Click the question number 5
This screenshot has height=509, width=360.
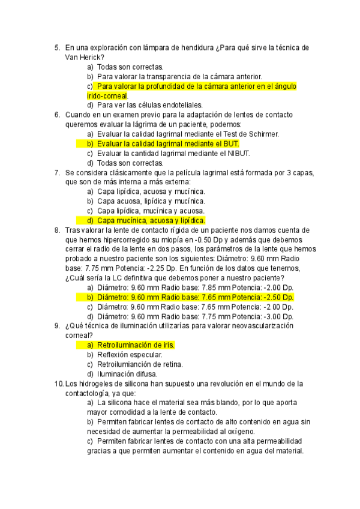56,48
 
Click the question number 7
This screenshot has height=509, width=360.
56,172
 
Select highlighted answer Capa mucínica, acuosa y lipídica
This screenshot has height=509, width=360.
151,220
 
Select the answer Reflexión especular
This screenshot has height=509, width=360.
130,355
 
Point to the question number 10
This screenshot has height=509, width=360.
58,384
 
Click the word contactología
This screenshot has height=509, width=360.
90,393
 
